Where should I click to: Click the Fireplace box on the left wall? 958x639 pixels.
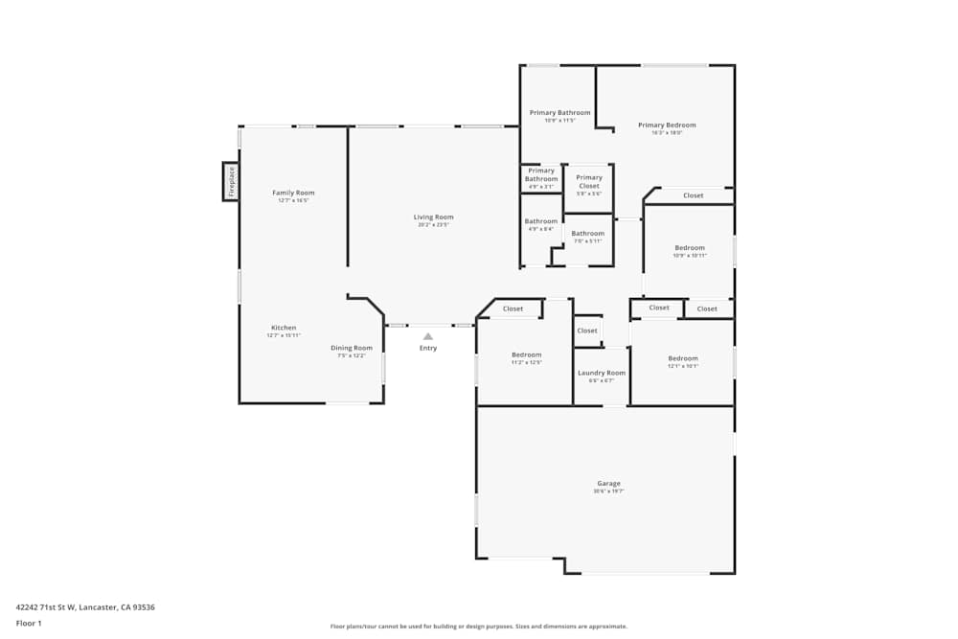[230, 181]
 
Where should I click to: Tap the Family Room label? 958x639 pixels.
[293, 193]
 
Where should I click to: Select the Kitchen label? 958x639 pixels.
[284, 328]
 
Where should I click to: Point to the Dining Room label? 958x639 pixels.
[352, 348]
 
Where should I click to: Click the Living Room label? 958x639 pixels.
[433, 217]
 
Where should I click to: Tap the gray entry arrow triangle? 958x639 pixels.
[428, 336]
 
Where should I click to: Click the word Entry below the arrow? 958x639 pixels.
[428, 348]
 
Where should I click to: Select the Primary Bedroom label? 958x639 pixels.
[667, 125]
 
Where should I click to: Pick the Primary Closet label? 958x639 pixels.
[589, 181]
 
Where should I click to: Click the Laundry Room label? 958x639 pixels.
[602, 373]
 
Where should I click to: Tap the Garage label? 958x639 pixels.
[608, 483]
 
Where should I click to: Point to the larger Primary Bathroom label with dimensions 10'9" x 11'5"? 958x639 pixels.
[560, 113]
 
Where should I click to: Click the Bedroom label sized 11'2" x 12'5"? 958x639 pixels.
[526, 354]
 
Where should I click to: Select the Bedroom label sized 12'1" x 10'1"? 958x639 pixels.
[683, 358]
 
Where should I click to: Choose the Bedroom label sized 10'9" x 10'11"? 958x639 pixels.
[690, 247]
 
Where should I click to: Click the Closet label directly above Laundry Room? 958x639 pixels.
[587, 331]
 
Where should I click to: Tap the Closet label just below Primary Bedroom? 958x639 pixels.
[693, 195]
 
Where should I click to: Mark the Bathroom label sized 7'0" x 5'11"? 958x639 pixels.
[588, 234]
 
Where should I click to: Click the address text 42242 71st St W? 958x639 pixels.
[85, 606]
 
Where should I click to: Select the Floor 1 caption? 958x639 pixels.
[29, 623]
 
